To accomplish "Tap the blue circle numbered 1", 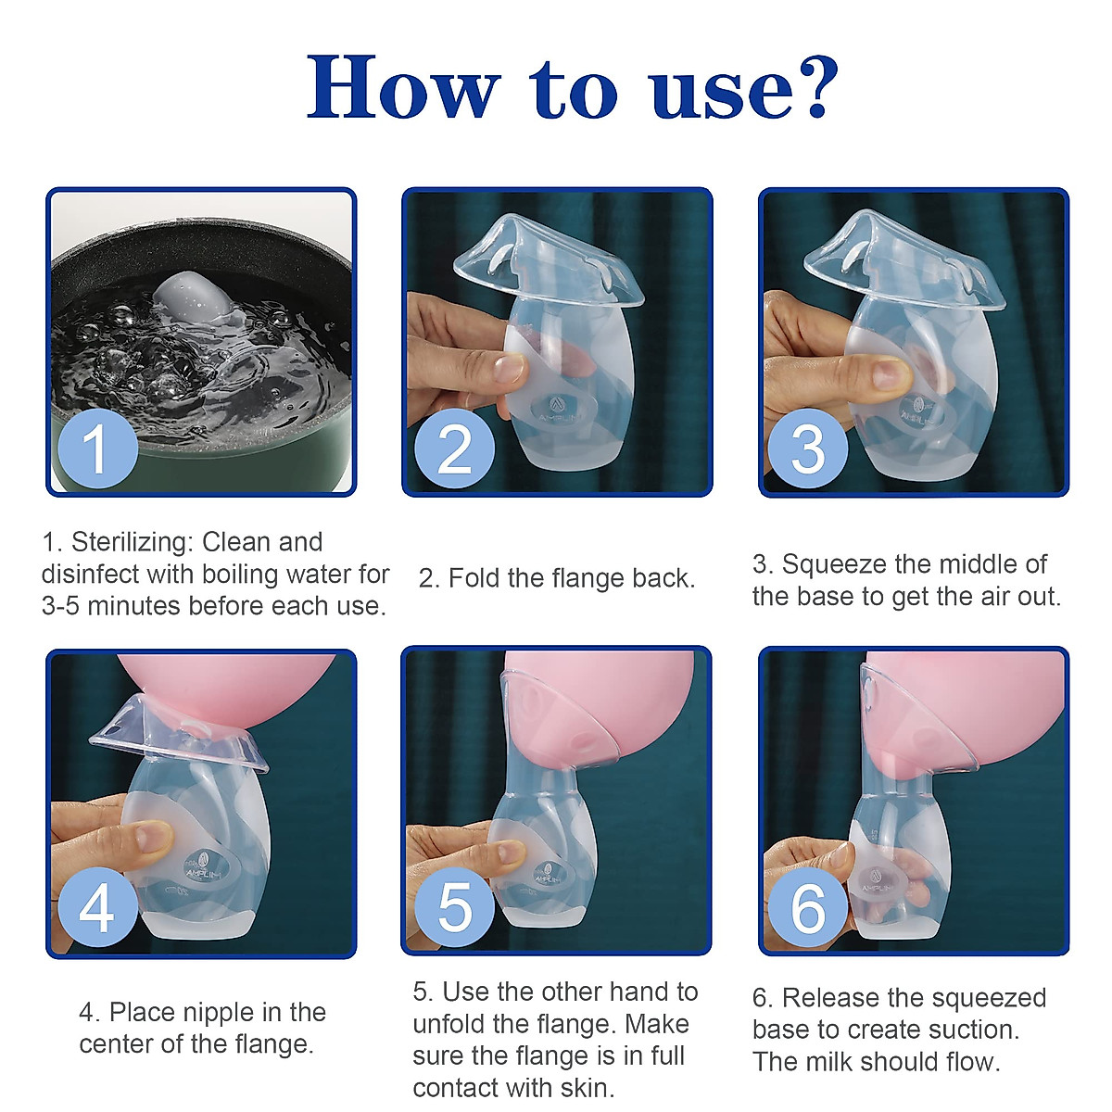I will [96, 449].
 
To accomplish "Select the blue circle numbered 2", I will [453, 449].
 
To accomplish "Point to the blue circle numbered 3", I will [807, 449].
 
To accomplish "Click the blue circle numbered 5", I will [454, 905].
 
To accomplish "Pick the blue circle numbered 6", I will [807, 906].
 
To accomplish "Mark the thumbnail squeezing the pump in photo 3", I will [888, 373].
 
